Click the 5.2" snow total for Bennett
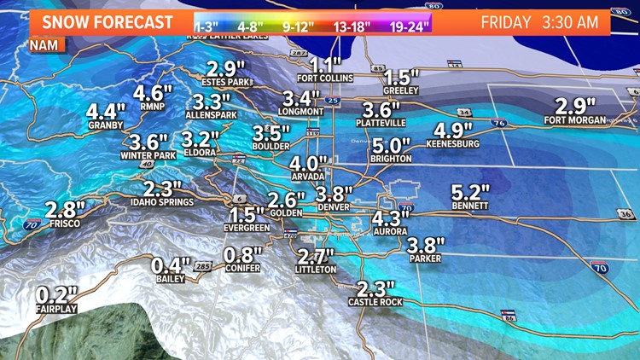tap(471, 193)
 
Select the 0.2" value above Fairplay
tap(57, 295)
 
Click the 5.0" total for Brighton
tap(391, 145)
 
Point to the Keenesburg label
tap(457, 144)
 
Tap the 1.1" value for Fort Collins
tap(325, 65)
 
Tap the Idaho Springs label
tap(162, 202)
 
